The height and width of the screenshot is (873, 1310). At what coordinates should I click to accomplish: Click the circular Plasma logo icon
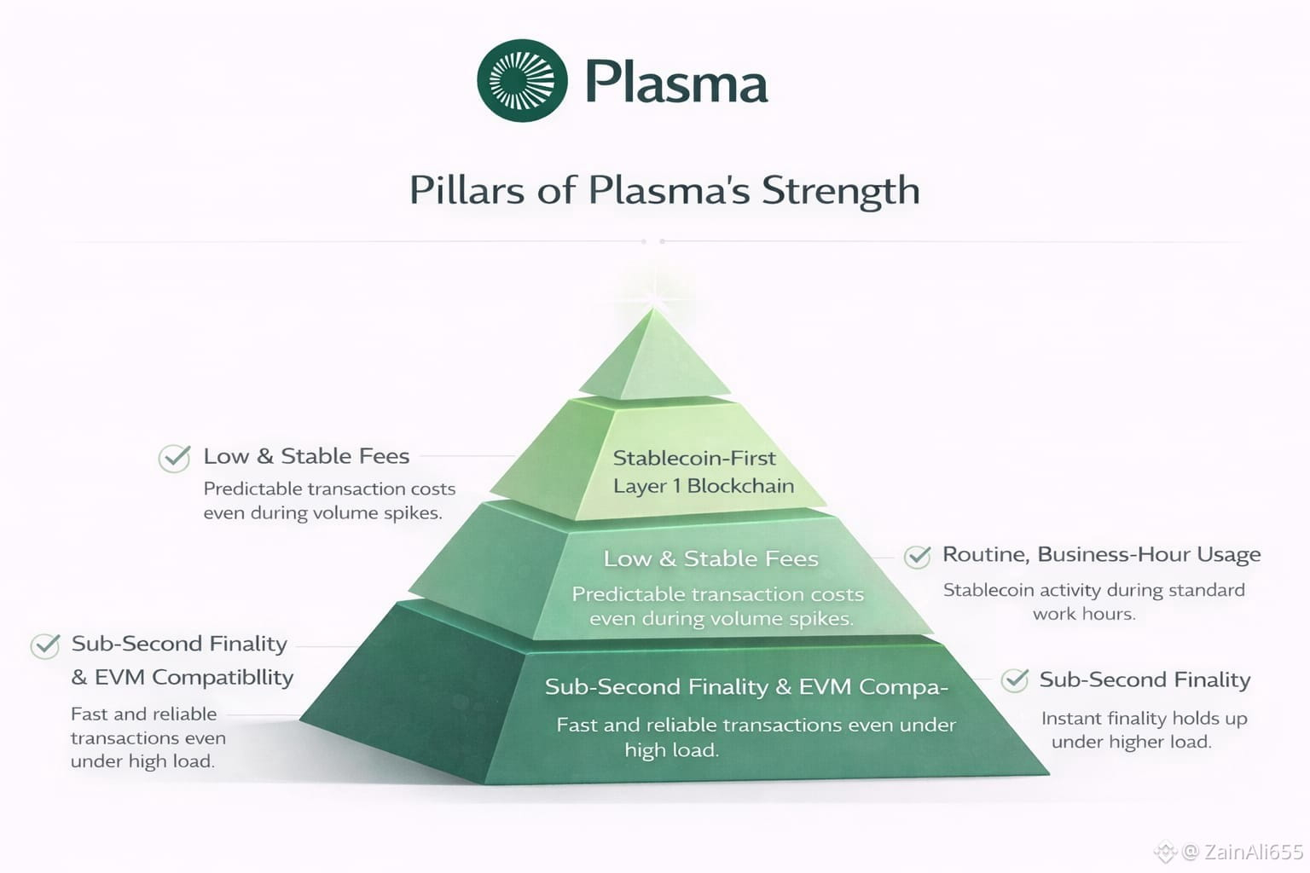tap(522, 81)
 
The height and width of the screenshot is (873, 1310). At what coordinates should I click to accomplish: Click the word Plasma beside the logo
tap(676, 83)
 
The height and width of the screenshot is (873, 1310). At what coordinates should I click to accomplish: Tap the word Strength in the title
tap(840, 190)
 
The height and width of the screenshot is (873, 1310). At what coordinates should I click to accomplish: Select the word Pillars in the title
tap(467, 189)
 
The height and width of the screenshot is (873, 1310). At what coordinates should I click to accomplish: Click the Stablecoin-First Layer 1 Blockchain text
tap(703, 471)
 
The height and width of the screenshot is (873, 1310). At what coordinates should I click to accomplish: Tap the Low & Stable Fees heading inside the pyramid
tap(710, 558)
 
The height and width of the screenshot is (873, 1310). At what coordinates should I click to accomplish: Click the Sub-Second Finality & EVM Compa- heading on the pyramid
tap(746, 686)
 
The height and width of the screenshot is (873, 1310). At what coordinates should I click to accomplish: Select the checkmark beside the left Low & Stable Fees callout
tap(175, 458)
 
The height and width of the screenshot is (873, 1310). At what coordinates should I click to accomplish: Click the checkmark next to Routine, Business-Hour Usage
tap(918, 557)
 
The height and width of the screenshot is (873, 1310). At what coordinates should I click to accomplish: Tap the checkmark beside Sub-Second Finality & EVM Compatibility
tap(45, 645)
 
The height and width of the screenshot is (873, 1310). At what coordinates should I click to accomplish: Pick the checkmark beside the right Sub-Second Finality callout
tap(1015, 680)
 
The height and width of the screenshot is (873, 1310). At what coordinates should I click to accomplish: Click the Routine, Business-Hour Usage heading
tap(1101, 554)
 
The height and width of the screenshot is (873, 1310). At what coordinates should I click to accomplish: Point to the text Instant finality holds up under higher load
tap(1143, 730)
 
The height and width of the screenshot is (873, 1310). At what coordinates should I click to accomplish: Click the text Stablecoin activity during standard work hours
tap(1093, 601)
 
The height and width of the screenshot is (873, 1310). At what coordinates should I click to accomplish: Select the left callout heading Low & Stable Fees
tap(306, 456)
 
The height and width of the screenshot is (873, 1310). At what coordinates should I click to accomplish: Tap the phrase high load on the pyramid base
tap(671, 750)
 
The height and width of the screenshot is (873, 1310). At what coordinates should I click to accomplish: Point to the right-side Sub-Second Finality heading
tap(1145, 679)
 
